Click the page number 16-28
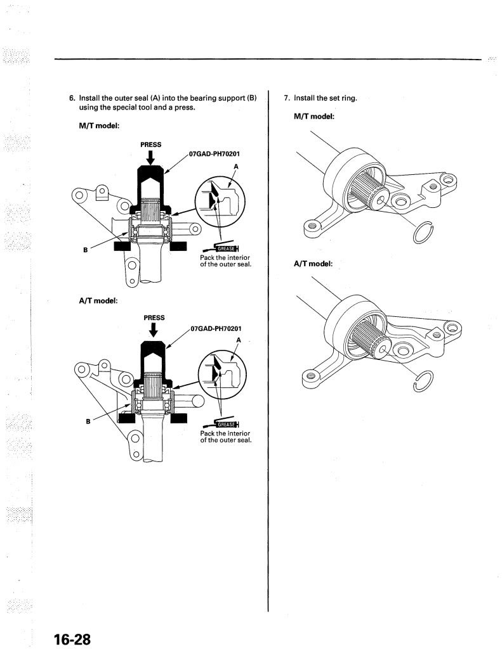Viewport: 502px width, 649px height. click(72, 639)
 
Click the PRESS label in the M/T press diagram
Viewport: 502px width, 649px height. click(151, 145)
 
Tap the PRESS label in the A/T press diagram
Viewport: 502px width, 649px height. click(154, 318)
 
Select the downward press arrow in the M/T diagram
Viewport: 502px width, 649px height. click(151, 157)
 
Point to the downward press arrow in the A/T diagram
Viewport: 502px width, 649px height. click(154, 330)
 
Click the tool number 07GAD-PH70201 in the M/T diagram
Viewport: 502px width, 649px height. click(215, 154)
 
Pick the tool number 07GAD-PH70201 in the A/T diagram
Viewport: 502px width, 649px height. click(216, 329)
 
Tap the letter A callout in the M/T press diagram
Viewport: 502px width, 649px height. click(236, 167)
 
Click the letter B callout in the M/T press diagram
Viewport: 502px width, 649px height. click(86, 250)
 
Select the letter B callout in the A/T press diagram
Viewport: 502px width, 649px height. click(88, 421)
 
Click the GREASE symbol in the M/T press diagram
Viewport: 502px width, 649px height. click(221, 248)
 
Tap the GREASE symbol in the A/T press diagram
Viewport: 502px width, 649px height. click(221, 423)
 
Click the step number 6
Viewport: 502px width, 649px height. click(72, 98)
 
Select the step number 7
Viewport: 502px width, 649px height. click(286, 98)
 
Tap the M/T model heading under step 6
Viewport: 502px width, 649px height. click(99, 125)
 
